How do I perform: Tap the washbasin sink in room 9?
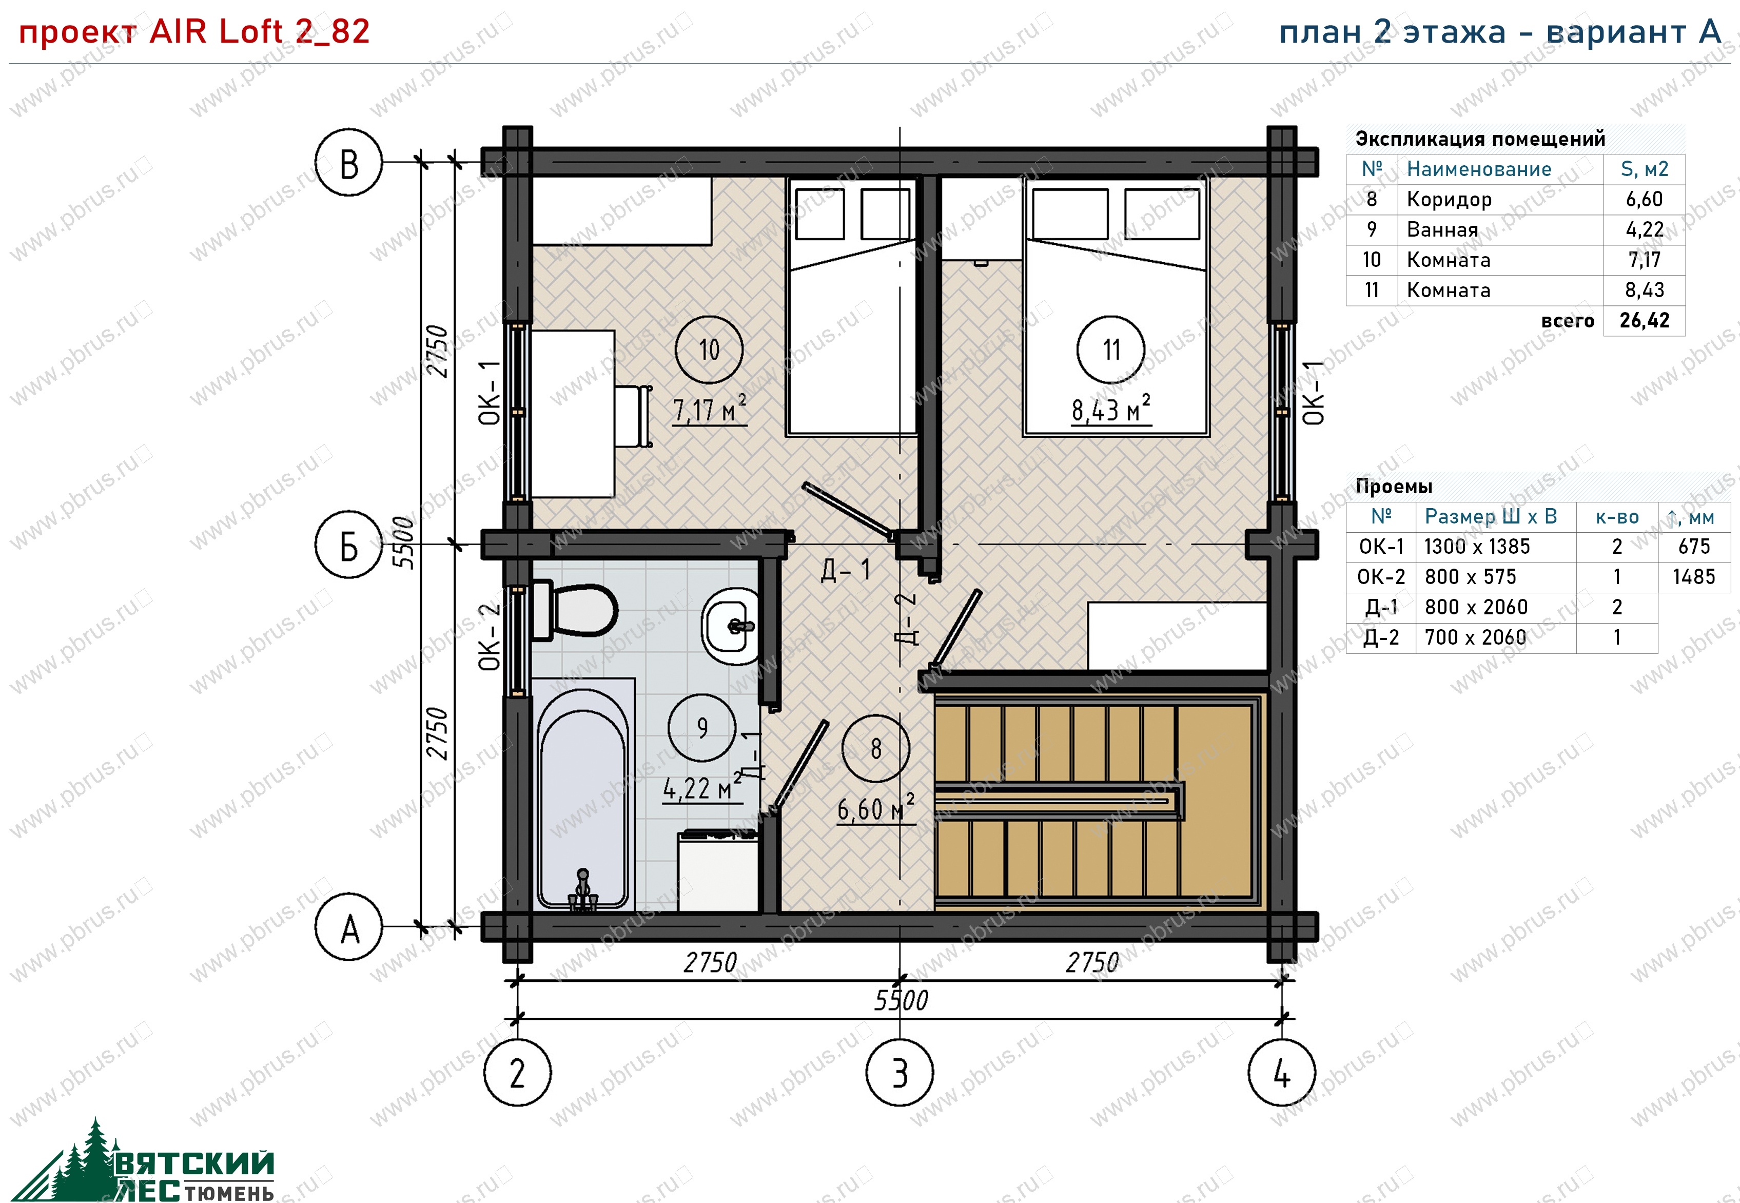[730, 626]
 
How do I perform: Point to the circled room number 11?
[1111, 350]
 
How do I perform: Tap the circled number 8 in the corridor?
[876, 748]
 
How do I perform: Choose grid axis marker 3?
[900, 1072]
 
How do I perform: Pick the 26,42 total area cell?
[1644, 320]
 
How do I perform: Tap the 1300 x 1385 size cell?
[1477, 547]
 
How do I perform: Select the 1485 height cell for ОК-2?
[1694, 577]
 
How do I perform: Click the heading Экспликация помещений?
[1480, 139]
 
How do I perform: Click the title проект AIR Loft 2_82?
[193, 32]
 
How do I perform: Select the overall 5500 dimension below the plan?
[901, 1000]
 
